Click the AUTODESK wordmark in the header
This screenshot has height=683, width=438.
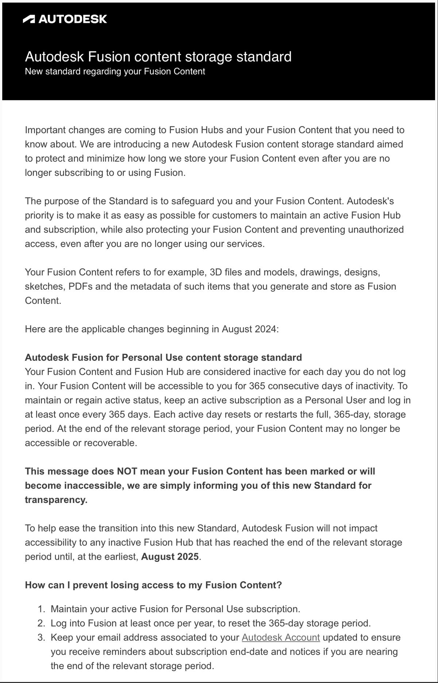[x=73, y=19]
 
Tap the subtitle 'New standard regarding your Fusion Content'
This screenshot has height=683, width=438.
[x=115, y=71]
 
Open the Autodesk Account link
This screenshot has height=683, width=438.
[x=281, y=637]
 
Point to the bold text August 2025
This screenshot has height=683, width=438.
[x=170, y=557]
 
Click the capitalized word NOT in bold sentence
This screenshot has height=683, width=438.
[x=127, y=471]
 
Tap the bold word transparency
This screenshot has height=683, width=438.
[x=56, y=500]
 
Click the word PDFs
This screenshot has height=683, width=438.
[x=81, y=286]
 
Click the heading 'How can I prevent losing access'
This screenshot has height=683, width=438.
[x=153, y=585]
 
